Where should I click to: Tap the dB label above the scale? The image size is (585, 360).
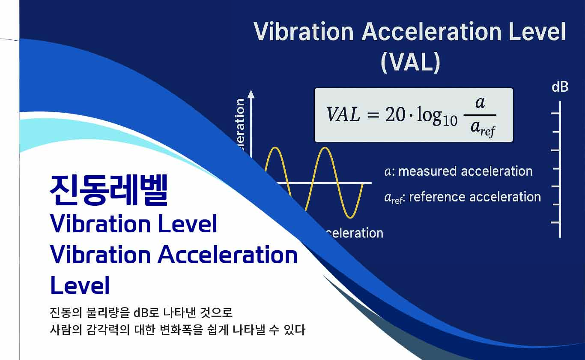click(x=560, y=87)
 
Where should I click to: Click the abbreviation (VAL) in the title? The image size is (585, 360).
click(x=410, y=63)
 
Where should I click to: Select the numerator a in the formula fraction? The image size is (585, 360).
click(x=480, y=103)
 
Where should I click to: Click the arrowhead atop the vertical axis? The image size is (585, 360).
click(x=251, y=94)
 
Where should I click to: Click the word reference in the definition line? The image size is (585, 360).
click(x=437, y=197)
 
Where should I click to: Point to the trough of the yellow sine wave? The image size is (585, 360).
click(x=351, y=216)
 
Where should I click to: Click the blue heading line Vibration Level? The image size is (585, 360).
click(x=134, y=224)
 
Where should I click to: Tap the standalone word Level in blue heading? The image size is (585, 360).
click(x=80, y=285)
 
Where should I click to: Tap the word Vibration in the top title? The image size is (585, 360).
click(x=304, y=32)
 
